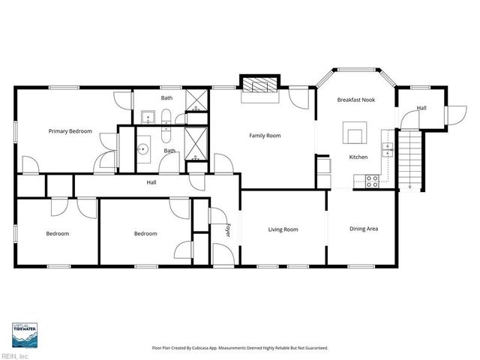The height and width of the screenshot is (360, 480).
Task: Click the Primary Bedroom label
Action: [70, 131]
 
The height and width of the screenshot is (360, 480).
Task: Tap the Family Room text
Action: [265, 136]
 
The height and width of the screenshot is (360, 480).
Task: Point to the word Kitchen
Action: [358, 157]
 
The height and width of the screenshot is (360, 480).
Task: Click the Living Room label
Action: [283, 229]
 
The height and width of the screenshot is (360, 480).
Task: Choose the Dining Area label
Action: [364, 228]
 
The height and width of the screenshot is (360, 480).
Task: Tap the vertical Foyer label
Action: [226, 229]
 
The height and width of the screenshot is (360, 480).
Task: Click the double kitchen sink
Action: [388, 148]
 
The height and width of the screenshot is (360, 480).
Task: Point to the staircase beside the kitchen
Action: [409, 159]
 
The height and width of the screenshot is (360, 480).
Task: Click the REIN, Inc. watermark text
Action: [13, 355]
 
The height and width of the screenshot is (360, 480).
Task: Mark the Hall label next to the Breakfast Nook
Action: [421, 108]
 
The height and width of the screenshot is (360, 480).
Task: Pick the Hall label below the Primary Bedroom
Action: [151, 182]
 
